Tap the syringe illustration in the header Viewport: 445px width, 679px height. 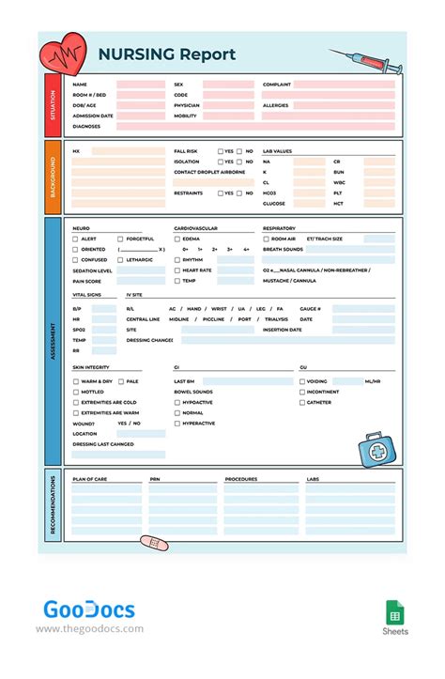coord(365,61)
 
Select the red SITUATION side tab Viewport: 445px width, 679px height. coord(53,104)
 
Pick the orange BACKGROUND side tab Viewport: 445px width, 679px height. coord(53,176)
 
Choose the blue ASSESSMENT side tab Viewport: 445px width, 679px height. coord(53,340)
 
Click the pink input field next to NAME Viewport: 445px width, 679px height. coord(141,85)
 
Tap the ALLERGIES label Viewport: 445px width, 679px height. coord(276,106)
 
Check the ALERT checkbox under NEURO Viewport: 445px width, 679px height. coord(76,239)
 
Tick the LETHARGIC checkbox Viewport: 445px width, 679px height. coord(120,260)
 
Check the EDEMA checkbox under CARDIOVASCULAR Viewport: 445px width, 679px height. coord(176,239)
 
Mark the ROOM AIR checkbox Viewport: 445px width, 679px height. coord(266,239)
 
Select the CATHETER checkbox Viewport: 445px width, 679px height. coord(302,403)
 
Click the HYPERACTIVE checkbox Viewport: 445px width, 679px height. coord(176,424)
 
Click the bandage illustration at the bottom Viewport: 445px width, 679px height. coord(152,544)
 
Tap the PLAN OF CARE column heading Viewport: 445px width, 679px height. coord(89,479)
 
